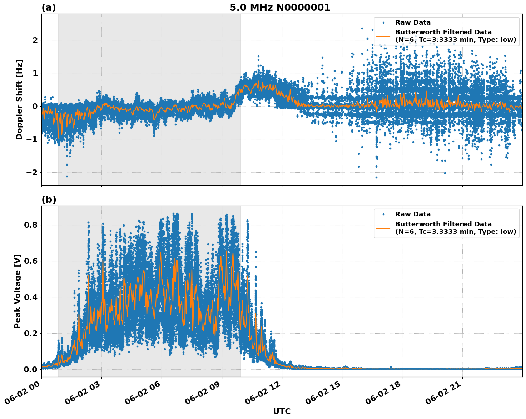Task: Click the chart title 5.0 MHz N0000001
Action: click(x=280, y=8)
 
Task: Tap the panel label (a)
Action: click(x=49, y=8)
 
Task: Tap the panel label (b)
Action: click(x=49, y=199)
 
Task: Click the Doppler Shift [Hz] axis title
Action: click(x=19, y=99)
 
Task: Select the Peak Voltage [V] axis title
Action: click(x=18, y=291)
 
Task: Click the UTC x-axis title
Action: click(x=282, y=411)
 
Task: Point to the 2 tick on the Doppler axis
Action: click(x=35, y=40)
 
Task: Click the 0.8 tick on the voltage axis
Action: click(x=31, y=225)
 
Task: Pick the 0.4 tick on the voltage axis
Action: click(x=31, y=297)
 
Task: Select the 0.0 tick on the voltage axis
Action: click(x=31, y=369)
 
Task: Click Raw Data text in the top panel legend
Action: click(x=413, y=23)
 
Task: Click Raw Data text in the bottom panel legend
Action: click(x=413, y=214)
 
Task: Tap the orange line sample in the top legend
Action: click(x=383, y=36)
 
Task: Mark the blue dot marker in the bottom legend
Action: click(x=383, y=214)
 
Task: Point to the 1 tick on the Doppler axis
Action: click(x=35, y=73)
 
